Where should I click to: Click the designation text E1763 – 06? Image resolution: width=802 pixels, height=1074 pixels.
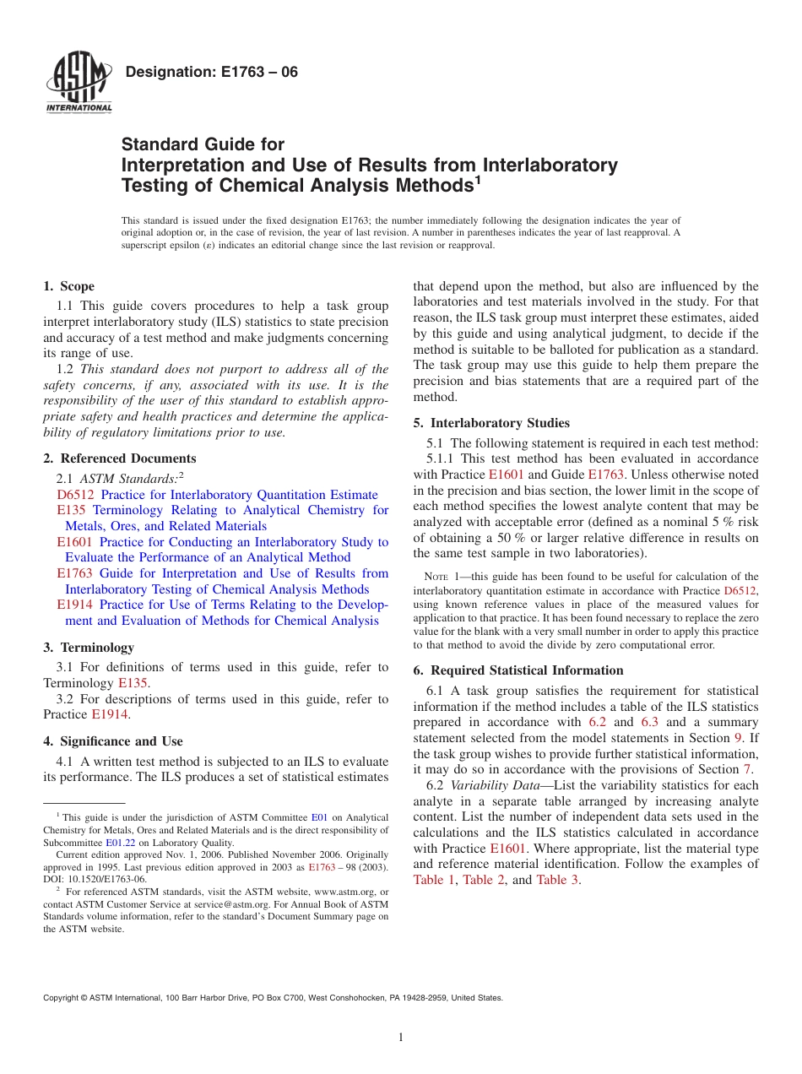211,73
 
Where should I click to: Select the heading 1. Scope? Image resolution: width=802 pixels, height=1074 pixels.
68,286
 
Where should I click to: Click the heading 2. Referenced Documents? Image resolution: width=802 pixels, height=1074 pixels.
119,458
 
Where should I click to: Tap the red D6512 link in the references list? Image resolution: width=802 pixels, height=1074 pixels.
75,495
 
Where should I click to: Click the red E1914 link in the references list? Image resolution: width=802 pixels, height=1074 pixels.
75,605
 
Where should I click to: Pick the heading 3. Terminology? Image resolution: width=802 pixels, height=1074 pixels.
89,648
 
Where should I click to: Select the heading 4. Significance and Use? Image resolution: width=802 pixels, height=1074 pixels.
112,741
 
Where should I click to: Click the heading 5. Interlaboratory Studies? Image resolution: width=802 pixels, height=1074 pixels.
491,423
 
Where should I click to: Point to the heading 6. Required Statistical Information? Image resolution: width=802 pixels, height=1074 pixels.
518,670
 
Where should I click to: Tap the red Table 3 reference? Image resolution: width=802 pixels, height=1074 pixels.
558,880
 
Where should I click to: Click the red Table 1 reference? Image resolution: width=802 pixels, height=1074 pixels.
434,880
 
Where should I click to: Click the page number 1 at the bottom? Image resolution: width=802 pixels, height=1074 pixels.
401,1038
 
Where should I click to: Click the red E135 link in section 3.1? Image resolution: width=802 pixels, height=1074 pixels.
133,683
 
